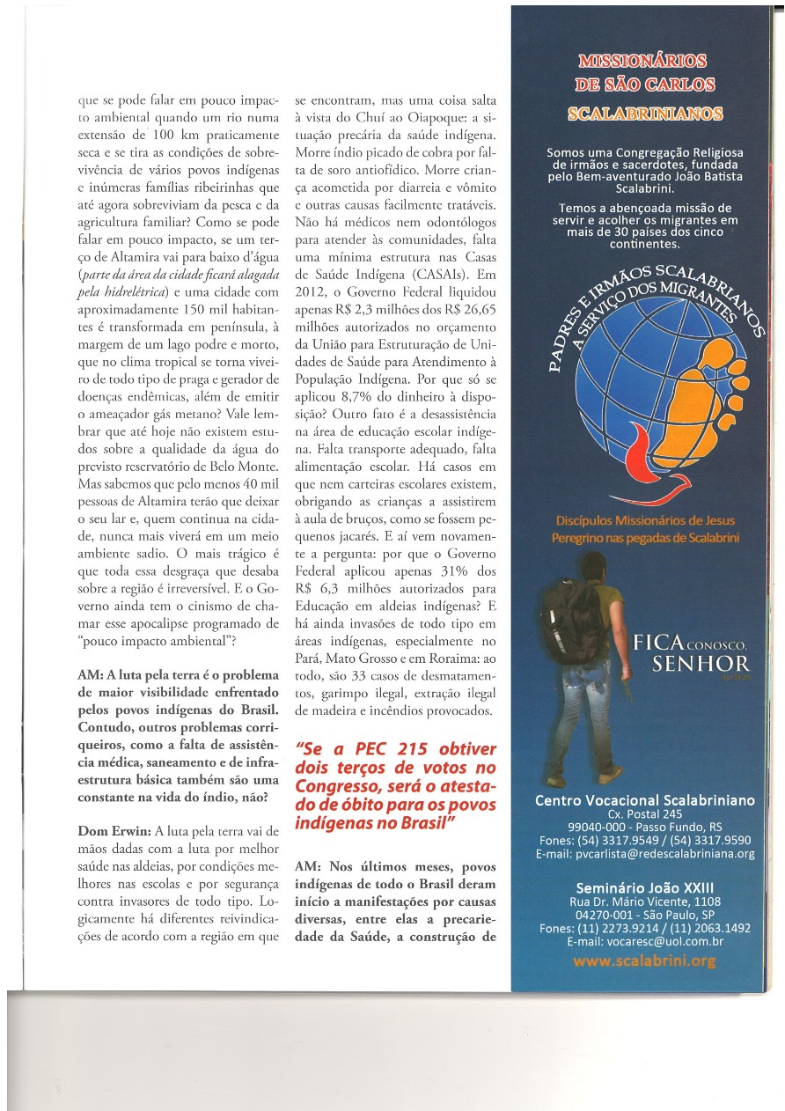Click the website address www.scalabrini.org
pos(643,961)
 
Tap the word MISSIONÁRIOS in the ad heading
pos(642,62)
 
